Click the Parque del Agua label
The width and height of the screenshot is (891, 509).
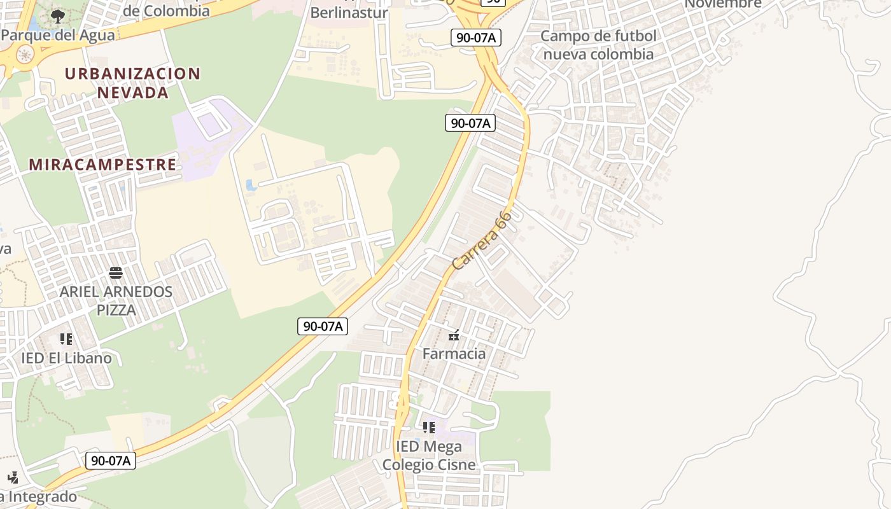[58, 34]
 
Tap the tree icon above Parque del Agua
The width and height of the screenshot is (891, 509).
[58, 16]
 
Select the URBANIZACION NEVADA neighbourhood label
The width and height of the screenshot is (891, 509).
[132, 83]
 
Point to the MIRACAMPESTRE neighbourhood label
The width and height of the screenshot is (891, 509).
[102, 164]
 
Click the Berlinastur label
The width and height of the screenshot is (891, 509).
[349, 12]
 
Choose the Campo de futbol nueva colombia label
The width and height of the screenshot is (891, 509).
[598, 45]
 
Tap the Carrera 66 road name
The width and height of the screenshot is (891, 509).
[482, 241]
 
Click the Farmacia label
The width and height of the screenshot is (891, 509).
[454, 354]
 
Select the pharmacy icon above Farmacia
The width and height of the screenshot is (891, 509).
[454, 336]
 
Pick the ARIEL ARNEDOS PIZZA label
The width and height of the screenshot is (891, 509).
[116, 301]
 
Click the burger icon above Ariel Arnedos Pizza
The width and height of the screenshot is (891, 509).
[116, 274]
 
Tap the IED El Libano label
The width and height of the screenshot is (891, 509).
[66, 358]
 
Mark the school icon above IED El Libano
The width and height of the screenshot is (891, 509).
[66, 339]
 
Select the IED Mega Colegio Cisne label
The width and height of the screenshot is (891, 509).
[428, 456]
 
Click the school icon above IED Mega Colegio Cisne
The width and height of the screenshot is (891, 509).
[428, 427]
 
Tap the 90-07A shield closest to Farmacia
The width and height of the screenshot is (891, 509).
[323, 326]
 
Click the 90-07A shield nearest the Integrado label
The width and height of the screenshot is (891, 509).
[111, 461]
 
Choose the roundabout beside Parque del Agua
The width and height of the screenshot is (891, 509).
[25, 55]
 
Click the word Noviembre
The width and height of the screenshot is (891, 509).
[723, 4]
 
